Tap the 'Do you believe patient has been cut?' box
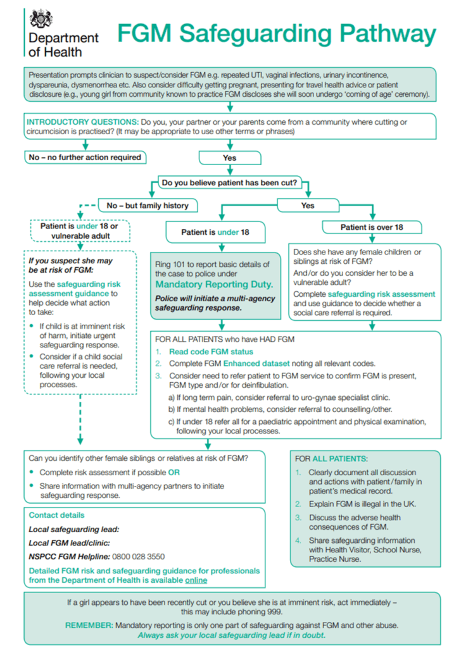[229, 184]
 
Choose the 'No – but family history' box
[147, 205]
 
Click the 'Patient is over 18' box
[372, 227]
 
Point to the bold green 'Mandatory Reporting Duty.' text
[215, 285]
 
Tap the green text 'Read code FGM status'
[211, 352]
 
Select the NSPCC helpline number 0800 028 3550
[138, 557]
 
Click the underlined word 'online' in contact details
[196, 580]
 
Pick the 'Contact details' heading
[56, 515]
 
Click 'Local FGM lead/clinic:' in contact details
[70, 543]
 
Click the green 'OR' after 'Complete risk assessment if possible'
[174, 473]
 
